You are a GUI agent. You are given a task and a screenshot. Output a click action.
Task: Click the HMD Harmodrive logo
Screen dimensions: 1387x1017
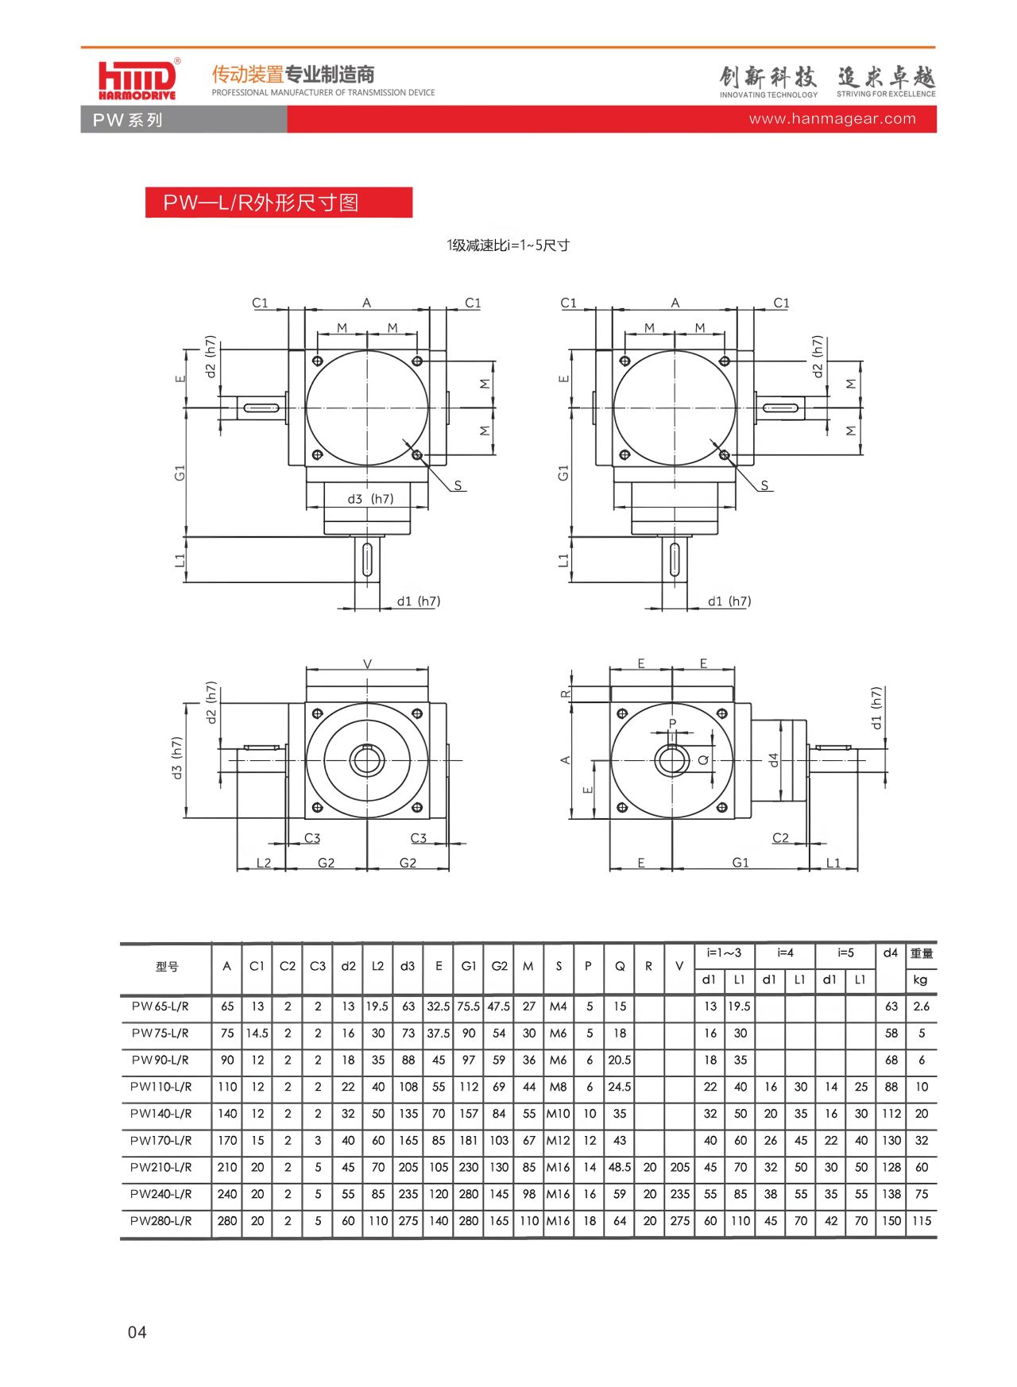point(137,80)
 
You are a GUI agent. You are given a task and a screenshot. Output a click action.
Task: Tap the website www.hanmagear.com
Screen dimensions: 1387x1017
point(832,119)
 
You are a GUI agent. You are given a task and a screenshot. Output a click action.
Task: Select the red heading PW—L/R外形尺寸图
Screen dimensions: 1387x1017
point(261,203)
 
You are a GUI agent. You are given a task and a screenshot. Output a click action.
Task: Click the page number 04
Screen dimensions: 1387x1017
point(137,1332)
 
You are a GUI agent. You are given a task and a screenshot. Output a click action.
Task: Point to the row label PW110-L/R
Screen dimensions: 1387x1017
point(161,1087)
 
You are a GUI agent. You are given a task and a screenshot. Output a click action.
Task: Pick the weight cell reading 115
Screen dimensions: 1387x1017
point(921,1221)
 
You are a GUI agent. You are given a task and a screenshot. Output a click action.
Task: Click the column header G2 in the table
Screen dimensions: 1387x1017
point(499,966)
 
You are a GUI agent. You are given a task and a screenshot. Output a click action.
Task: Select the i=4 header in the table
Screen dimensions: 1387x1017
point(785,952)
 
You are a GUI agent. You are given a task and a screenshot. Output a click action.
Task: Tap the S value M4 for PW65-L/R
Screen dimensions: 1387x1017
point(559,1006)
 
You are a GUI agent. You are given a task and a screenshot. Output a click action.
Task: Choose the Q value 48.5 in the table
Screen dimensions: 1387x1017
point(620,1167)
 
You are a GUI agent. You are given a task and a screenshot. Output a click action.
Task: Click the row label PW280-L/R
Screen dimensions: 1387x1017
point(161,1221)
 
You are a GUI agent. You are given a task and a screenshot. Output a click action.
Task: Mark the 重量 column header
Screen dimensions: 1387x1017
point(921,953)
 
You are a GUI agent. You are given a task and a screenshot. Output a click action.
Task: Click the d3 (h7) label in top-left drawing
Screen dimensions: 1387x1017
point(370,499)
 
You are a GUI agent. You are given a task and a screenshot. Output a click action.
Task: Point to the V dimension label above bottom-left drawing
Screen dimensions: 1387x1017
point(367,664)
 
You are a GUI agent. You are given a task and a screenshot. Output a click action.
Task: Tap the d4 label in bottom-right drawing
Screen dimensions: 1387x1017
point(774,760)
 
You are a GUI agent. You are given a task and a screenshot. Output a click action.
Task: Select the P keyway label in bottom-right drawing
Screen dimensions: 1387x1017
point(672,723)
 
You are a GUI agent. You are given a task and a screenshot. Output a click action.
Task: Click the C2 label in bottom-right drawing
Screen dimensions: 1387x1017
point(780,838)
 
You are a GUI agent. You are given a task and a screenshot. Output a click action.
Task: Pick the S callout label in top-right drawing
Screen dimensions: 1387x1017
point(764,485)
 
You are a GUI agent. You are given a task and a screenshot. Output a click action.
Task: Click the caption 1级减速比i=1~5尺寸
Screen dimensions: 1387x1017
point(508,245)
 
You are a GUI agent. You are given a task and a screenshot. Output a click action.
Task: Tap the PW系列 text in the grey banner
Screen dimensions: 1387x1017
point(127,120)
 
